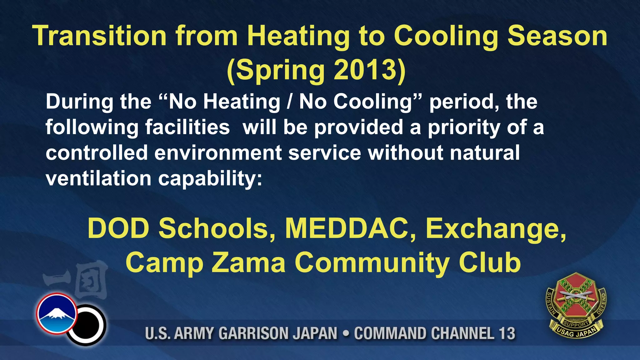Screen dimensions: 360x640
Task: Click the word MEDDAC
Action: [350, 228]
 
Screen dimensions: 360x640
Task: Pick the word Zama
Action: [248, 262]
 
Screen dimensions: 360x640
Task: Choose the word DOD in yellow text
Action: [118, 228]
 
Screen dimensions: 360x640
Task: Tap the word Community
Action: [372, 263]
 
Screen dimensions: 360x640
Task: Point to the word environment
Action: [218, 153]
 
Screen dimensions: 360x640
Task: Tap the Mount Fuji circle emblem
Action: [57, 313]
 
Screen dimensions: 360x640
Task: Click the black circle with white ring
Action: [87, 325]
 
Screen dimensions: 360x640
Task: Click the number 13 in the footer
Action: [507, 333]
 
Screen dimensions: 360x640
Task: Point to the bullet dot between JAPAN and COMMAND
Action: [346, 333]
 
